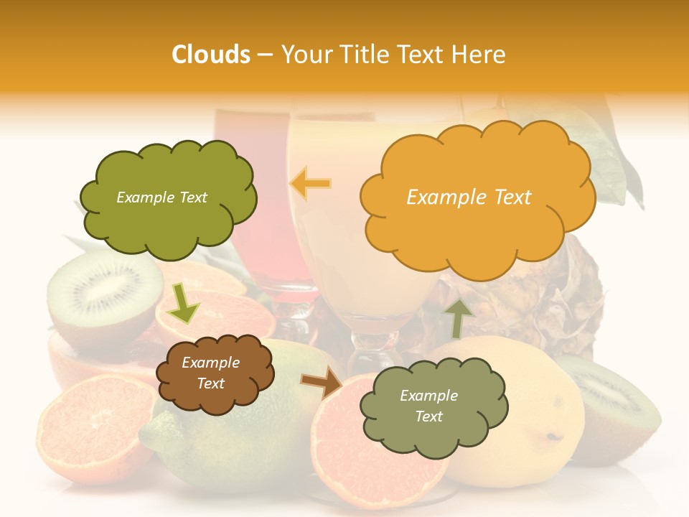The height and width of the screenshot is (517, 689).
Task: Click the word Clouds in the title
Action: coord(210,55)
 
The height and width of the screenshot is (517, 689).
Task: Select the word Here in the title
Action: coord(481,55)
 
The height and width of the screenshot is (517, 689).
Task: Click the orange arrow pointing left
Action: coord(311,184)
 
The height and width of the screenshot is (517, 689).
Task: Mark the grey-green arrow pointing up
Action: coord(459,317)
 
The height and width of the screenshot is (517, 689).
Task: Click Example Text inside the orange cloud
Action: coord(469,197)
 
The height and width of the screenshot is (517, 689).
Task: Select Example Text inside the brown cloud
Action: coord(210,373)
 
